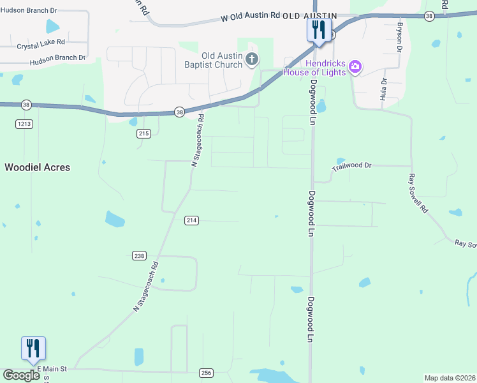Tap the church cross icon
[x=252, y=60]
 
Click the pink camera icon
[x=355, y=66]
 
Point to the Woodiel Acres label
[x=38, y=167]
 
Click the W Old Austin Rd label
[x=250, y=15]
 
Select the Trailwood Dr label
[x=351, y=165]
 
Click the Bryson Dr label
[x=400, y=37]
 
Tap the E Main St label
[x=52, y=369]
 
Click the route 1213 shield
[x=25, y=124]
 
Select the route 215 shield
[x=143, y=133]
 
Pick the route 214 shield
[x=192, y=220]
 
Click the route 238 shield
[x=140, y=255]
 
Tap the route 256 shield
[x=206, y=373]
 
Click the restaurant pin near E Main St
[x=33, y=349]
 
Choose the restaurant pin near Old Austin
[x=319, y=30]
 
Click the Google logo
[x=22, y=375]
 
